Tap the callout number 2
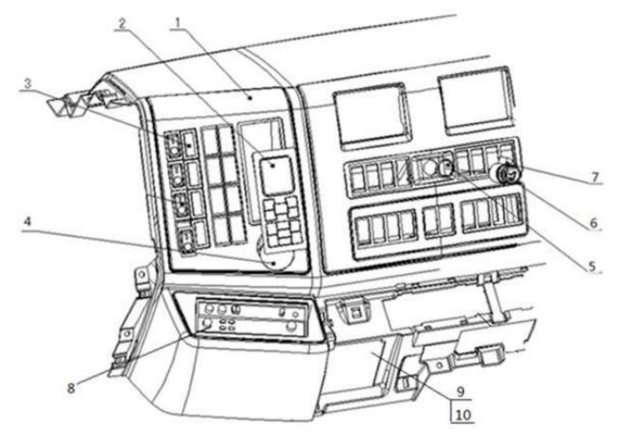pos(122,24)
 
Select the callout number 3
pos(28,83)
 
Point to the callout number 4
pos(28,222)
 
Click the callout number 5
pos(592,265)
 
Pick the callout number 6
pos(593,222)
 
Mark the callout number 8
pos(71,388)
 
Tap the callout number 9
pos(461,391)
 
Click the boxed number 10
pos(463,414)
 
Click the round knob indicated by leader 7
pos(506,174)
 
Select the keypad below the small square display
pos(283,221)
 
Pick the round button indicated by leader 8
pos(207,323)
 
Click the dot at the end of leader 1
pos(250,97)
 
